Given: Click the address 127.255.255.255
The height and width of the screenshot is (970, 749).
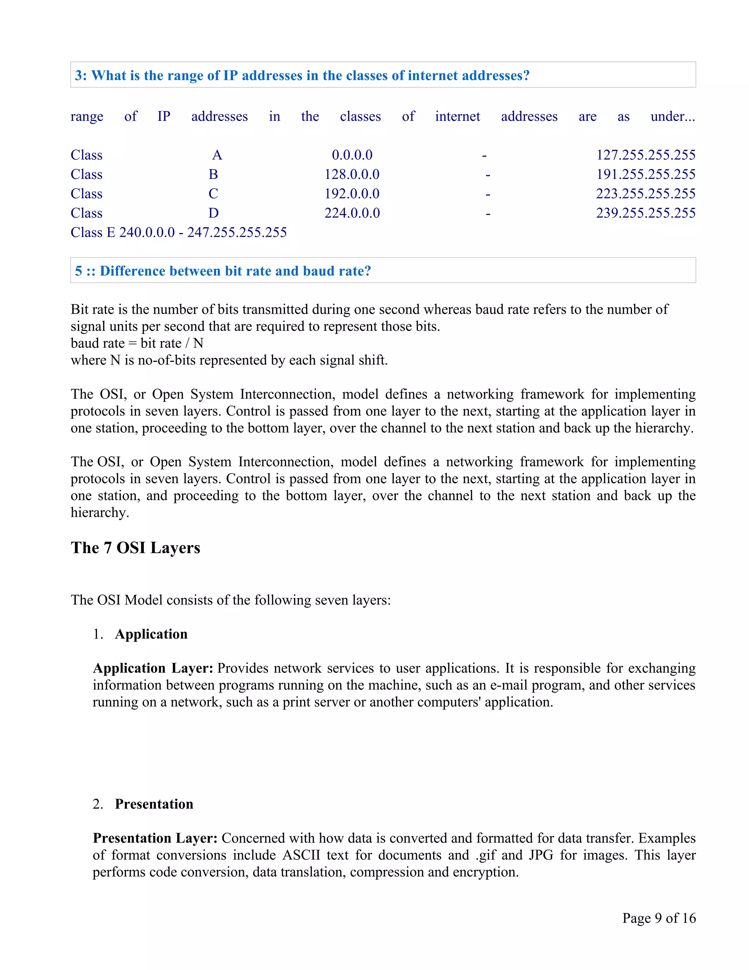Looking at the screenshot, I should pyautogui.click(x=646, y=155).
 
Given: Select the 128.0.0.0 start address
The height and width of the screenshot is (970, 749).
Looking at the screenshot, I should pyautogui.click(x=352, y=175).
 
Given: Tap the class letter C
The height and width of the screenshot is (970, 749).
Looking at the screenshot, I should pyautogui.click(x=214, y=194).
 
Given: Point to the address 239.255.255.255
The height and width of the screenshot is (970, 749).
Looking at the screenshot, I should pyautogui.click(x=646, y=213).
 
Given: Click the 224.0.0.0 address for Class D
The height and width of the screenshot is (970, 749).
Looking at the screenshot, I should pyautogui.click(x=352, y=213).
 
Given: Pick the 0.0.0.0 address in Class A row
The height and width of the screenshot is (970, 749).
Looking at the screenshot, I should pyautogui.click(x=352, y=155).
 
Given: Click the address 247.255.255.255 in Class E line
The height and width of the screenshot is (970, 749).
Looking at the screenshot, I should pyautogui.click(x=237, y=232).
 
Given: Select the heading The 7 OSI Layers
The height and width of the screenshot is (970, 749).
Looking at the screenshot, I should pyautogui.click(x=135, y=548).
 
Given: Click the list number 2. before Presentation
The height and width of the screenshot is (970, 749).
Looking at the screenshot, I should pyautogui.click(x=98, y=804).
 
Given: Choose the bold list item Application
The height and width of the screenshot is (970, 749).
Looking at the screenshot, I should pyautogui.click(x=151, y=634).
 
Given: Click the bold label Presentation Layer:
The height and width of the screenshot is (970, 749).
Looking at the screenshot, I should pyautogui.click(x=155, y=838).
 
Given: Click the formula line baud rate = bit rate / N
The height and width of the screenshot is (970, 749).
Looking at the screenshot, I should pyautogui.click(x=137, y=343).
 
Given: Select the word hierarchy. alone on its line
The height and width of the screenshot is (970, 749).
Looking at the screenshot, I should pyautogui.click(x=100, y=512).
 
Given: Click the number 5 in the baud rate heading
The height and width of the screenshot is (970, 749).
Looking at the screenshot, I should pyautogui.click(x=79, y=271).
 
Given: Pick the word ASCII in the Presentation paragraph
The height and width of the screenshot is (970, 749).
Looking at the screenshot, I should pyautogui.click(x=301, y=855).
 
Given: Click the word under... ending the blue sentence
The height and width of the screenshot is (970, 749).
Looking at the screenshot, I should pyautogui.click(x=673, y=116).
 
